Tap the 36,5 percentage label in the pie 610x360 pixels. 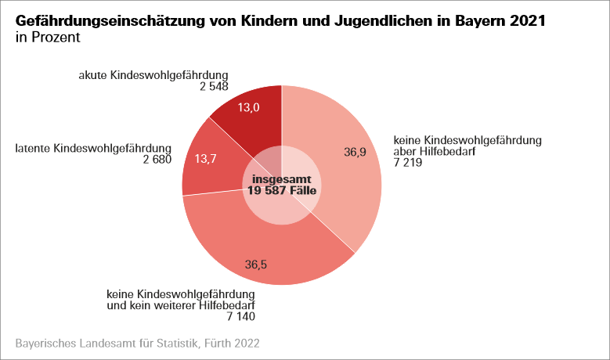256,265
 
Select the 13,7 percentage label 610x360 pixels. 205,159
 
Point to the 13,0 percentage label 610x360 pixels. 249,108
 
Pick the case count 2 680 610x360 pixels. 157,160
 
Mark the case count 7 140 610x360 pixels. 240,316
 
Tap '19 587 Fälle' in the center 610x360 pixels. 282,190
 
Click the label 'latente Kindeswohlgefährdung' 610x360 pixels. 93,148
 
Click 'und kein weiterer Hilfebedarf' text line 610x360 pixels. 181,304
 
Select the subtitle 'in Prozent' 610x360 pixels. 48,37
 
